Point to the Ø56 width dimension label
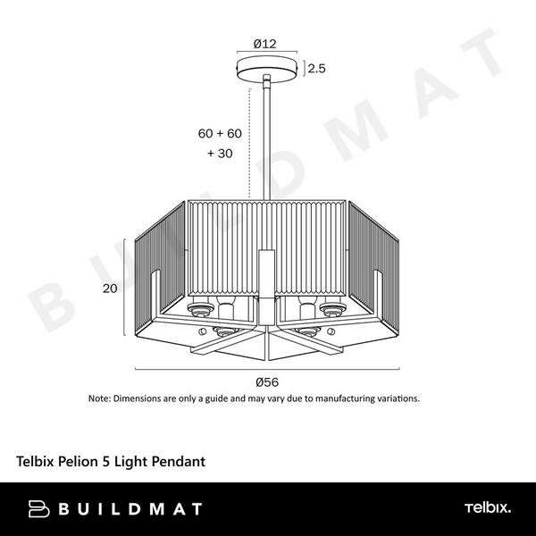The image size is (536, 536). (x=267, y=381)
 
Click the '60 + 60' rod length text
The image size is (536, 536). (x=220, y=133)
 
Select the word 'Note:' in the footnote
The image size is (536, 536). (x=99, y=398)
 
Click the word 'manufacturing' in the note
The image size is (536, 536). (x=348, y=398)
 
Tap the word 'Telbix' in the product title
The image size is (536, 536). (x=36, y=462)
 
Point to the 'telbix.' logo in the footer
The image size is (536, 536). (x=487, y=509)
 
